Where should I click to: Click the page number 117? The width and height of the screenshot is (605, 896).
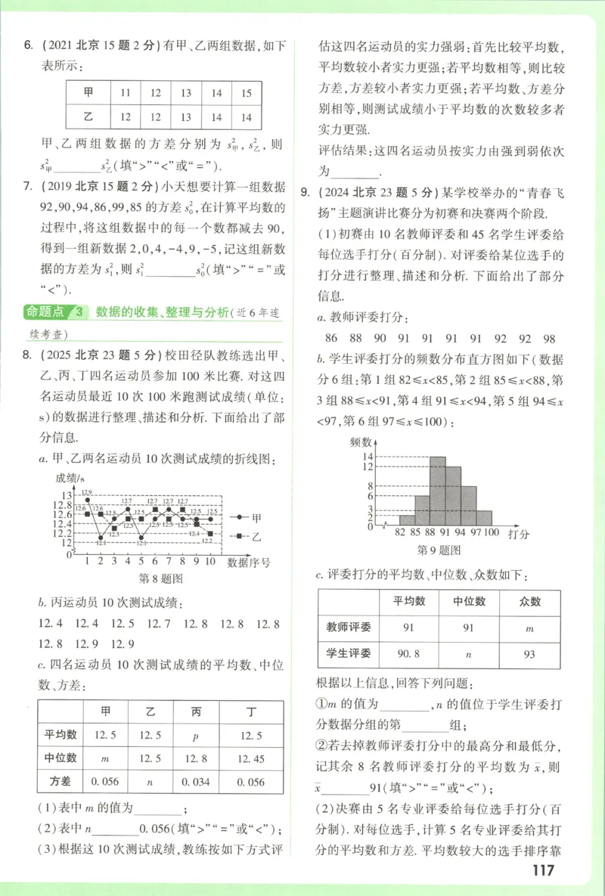click(x=543, y=870)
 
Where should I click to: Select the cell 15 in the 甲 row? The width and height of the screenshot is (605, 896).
click(x=246, y=94)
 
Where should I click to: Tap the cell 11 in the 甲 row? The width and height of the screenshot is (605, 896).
click(x=126, y=94)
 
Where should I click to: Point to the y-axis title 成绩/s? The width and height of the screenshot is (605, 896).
click(x=70, y=478)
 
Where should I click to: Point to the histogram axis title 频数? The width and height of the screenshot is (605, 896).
click(x=361, y=442)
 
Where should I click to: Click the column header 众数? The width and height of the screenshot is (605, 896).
click(x=530, y=602)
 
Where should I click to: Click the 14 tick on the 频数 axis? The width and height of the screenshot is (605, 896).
click(x=368, y=457)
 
